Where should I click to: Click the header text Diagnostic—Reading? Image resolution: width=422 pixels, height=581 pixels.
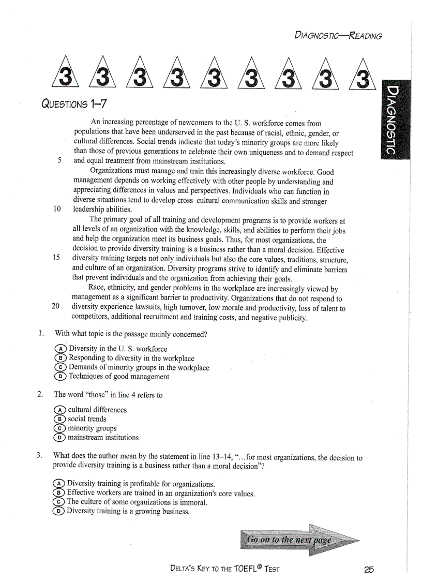pyautogui.click(x=338, y=36)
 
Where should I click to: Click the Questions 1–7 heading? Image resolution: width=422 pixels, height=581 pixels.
pyautogui.click(x=74, y=104)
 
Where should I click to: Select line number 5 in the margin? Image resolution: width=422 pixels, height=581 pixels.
pyautogui.click(x=59, y=160)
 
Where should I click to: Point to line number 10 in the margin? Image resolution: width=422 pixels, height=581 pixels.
pyautogui.click(x=57, y=209)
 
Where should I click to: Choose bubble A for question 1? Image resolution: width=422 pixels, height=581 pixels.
pyautogui.click(x=61, y=349)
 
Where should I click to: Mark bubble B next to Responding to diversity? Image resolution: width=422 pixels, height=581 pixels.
pyautogui.click(x=61, y=358)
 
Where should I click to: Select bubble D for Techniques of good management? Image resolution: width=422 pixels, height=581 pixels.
pyautogui.click(x=61, y=377)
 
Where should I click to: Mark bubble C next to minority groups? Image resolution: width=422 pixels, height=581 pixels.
pyautogui.click(x=61, y=428)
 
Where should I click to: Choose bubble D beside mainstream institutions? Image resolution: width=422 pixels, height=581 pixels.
pyautogui.click(x=61, y=438)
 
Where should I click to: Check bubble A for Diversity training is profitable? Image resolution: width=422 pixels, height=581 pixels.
pyautogui.click(x=60, y=484)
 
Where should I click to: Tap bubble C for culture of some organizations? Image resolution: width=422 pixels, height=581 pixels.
pyautogui.click(x=60, y=502)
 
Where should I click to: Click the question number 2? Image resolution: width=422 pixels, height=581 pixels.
pyautogui.click(x=40, y=395)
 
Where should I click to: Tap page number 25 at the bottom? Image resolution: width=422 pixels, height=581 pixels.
pyautogui.click(x=368, y=569)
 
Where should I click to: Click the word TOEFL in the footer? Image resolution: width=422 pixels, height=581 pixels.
pyautogui.click(x=235, y=569)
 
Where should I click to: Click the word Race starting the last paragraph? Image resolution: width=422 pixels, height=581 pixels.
pyautogui.click(x=97, y=289)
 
